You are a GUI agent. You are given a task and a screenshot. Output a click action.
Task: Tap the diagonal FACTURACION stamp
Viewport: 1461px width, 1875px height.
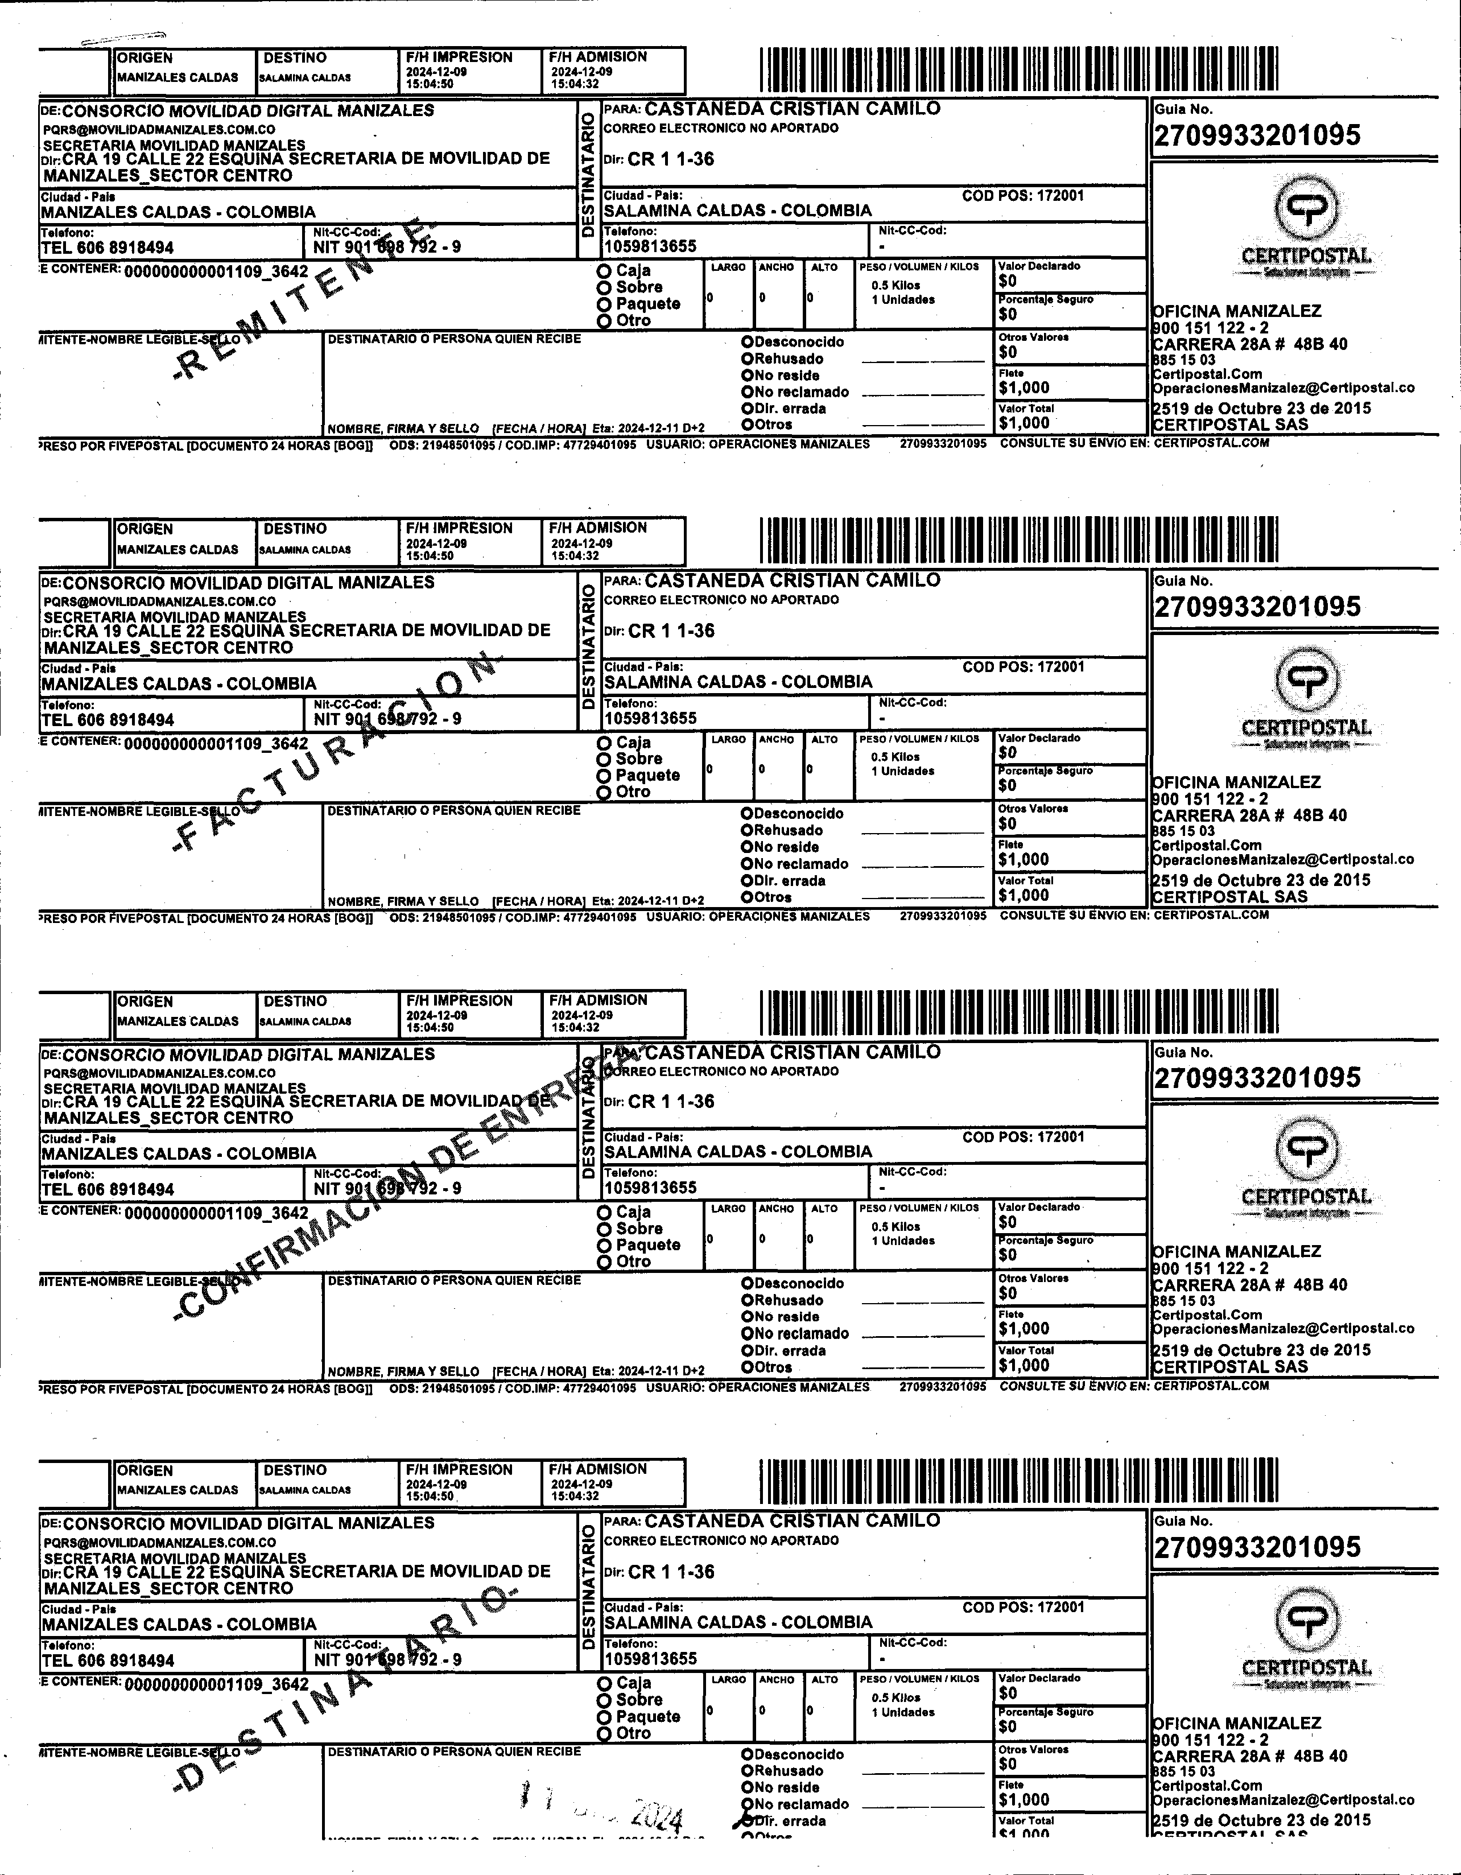335,751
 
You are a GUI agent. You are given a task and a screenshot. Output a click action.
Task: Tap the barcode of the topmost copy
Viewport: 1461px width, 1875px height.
1019,69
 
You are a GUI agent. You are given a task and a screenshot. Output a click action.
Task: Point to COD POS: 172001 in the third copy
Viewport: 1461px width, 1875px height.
1023,1137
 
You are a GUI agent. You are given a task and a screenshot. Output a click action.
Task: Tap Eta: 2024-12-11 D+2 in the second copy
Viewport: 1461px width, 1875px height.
648,901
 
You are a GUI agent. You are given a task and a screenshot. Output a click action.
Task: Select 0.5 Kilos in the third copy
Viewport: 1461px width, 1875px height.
895,1227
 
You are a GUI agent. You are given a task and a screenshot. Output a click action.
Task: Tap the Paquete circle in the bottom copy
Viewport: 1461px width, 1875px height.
604,1717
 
